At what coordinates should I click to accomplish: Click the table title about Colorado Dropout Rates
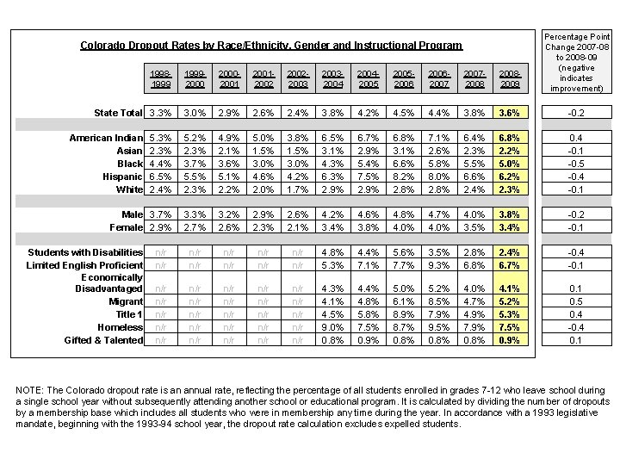[271, 46]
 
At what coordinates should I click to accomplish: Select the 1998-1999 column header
[159, 79]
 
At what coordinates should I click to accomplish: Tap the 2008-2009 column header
[509, 79]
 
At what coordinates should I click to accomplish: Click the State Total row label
[118, 113]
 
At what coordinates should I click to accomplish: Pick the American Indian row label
[106, 138]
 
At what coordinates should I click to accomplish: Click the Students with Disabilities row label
[85, 252]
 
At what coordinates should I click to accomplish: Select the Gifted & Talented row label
[103, 340]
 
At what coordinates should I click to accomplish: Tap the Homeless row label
[121, 327]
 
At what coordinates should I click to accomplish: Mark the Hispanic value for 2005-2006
[404, 177]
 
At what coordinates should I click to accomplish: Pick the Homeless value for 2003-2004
[333, 327]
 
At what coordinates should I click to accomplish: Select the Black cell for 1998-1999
[159, 164]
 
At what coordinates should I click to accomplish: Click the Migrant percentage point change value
[575, 302]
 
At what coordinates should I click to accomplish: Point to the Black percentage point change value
[575, 164]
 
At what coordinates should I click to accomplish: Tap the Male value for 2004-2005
[369, 214]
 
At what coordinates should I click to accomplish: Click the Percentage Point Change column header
[575, 62]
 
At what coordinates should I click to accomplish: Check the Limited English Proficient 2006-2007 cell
[439, 265]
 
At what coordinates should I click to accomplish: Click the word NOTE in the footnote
[30, 390]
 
